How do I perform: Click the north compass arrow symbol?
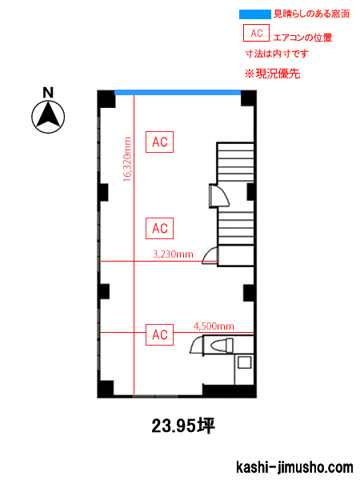coord(48,117)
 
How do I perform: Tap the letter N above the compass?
coord(48,93)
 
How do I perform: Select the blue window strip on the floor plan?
coord(178,93)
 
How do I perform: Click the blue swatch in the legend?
coord(255,14)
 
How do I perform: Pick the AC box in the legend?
coord(256,33)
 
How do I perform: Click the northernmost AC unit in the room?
coord(159,142)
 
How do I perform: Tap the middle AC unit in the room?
coord(159,228)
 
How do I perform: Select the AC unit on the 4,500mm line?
coord(159,334)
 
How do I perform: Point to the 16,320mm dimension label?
coord(127,159)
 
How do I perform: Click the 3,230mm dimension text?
coord(173,254)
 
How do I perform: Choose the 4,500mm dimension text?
coord(214,326)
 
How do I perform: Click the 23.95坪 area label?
coord(183,426)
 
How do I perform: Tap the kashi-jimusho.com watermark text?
coord(294,467)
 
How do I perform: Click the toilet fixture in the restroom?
coord(222,345)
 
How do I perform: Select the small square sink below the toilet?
coord(245,362)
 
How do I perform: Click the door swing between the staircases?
coord(219,196)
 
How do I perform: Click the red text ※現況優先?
coord(273,74)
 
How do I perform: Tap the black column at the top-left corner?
coord(106,99)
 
